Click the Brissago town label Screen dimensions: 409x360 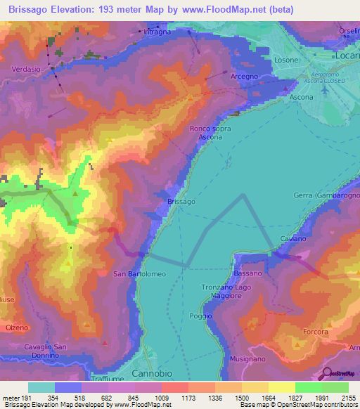(181, 202)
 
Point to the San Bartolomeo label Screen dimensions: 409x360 (139, 273)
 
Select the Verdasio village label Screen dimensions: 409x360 (26, 69)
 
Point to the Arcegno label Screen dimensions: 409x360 (244, 76)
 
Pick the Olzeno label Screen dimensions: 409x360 (17, 328)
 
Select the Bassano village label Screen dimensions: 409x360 (247, 273)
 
